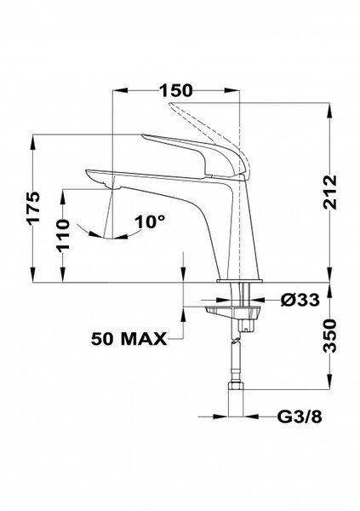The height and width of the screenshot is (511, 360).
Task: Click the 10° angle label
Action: click(x=149, y=222)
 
